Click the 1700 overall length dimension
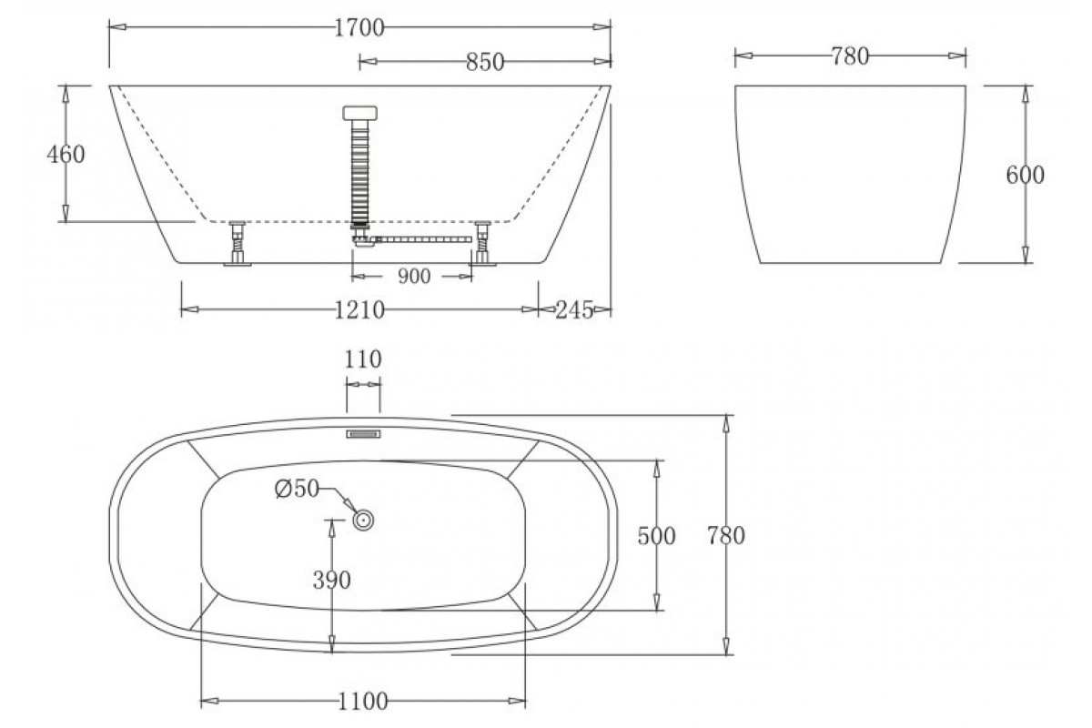tap(359, 28)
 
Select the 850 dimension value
tap(484, 63)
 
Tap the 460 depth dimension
tap(66, 154)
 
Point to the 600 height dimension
tap(1025, 175)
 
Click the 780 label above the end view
tap(850, 56)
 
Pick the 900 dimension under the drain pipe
tap(414, 277)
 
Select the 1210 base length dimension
tap(359, 310)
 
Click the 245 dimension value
tap(574, 310)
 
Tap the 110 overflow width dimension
tap(363, 359)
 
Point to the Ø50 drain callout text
tap(297, 489)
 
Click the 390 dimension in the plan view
tap(331, 581)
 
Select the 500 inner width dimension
tap(656, 536)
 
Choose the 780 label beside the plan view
tap(726, 536)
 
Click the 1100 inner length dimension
tap(363, 703)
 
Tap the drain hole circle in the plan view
tap(363, 521)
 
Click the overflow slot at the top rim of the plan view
tap(363, 434)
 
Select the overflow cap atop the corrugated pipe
tap(359, 113)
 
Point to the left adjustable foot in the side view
tap(238, 243)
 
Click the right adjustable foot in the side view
tap(482, 243)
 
